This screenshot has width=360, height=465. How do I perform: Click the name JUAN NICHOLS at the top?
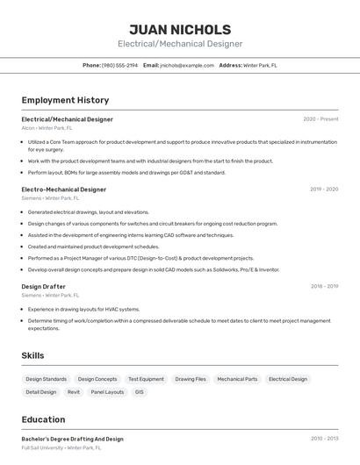point(180,30)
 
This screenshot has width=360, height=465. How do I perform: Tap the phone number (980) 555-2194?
point(120,65)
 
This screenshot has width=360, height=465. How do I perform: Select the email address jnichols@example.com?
point(186,65)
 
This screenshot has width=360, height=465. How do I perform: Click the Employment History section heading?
point(65,100)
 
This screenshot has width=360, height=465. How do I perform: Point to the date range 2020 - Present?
point(320,119)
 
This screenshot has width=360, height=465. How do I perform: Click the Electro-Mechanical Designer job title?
point(63,190)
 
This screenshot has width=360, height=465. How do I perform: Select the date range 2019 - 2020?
point(324,190)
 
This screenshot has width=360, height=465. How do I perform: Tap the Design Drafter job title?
point(43,286)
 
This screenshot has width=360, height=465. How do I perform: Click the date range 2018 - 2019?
point(324,286)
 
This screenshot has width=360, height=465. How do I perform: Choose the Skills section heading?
point(33,355)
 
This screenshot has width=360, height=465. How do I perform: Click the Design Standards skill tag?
point(47,379)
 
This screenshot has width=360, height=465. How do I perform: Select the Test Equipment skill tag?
point(146,379)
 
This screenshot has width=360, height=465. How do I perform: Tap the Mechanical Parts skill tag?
point(237,379)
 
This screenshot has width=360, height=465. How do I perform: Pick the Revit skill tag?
point(74,392)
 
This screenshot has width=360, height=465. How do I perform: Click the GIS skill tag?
point(139,392)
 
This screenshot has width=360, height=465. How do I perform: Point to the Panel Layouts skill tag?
point(108,392)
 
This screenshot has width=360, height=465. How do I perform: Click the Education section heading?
point(43,419)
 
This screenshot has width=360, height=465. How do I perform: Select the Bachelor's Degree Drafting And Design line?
point(72,439)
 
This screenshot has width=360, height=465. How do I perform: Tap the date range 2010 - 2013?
point(324,439)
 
